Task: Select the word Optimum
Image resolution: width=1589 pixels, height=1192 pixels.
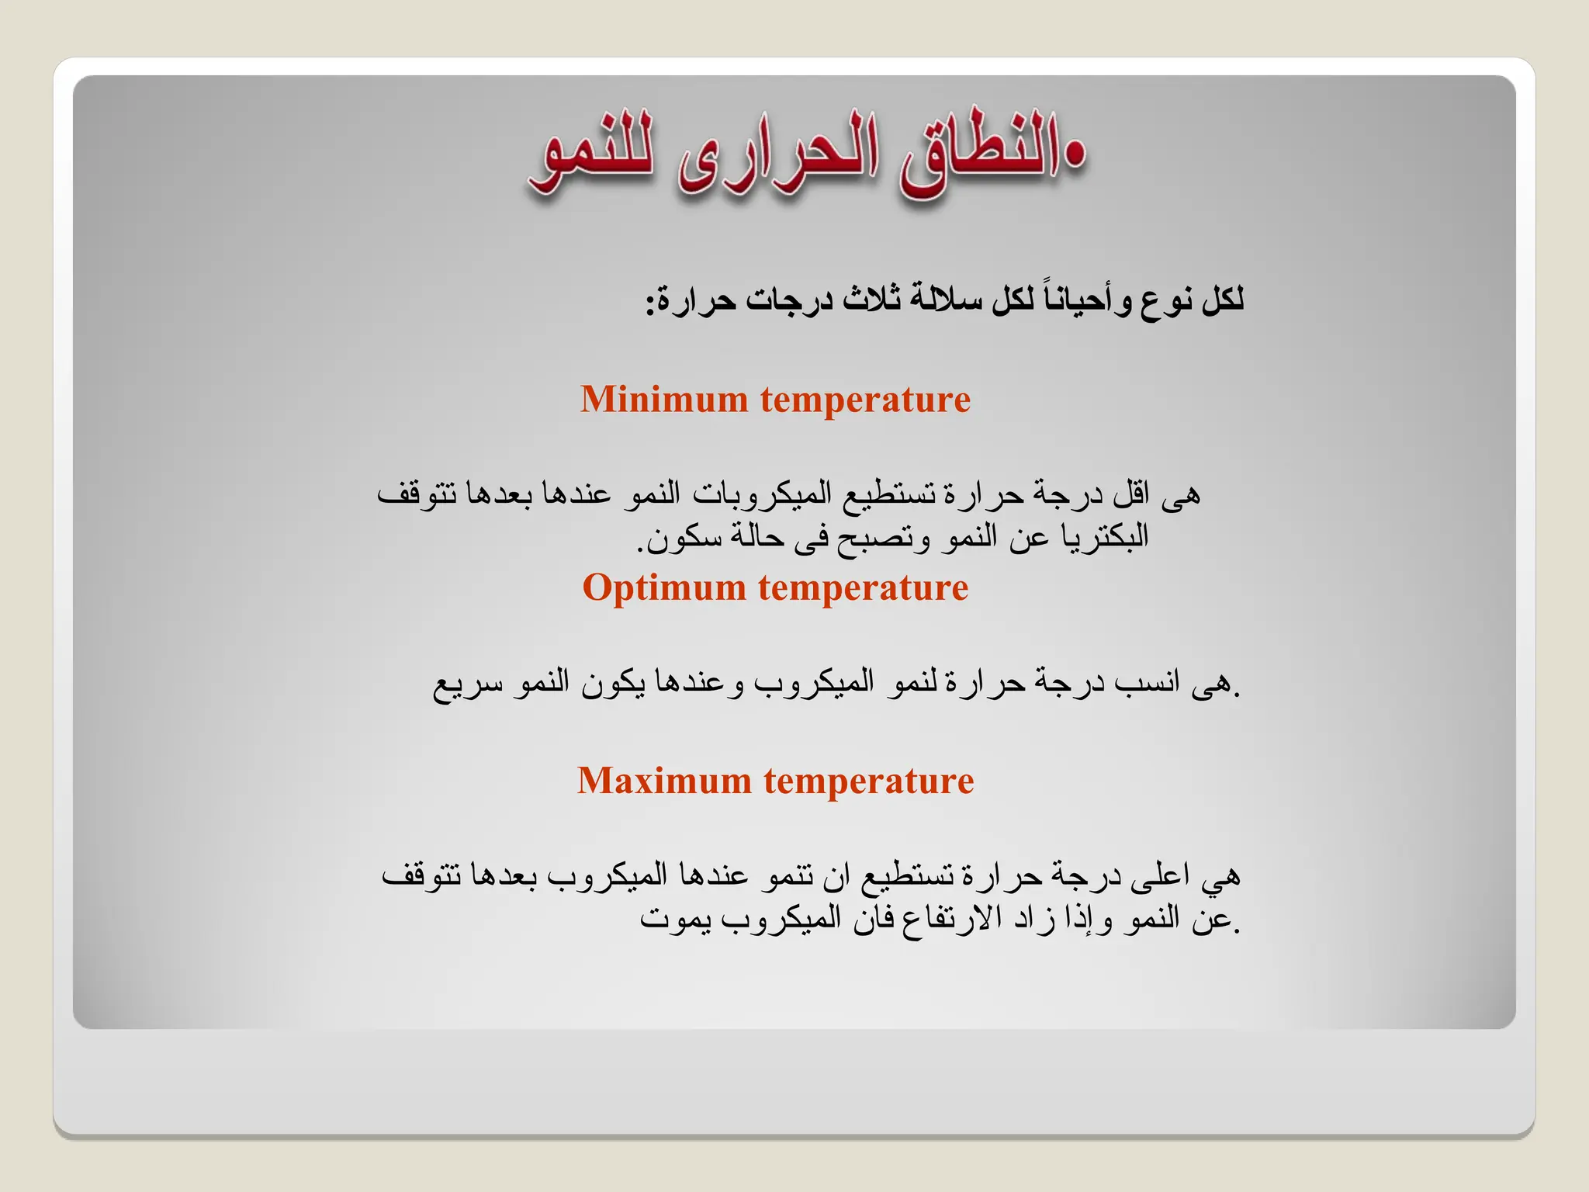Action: pyautogui.click(x=664, y=587)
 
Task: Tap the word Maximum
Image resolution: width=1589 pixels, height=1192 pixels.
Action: pyautogui.click(x=664, y=781)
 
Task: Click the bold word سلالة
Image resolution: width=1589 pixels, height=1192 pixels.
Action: pyautogui.click(x=943, y=300)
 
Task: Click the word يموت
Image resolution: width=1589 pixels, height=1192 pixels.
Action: pyautogui.click(x=672, y=919)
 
